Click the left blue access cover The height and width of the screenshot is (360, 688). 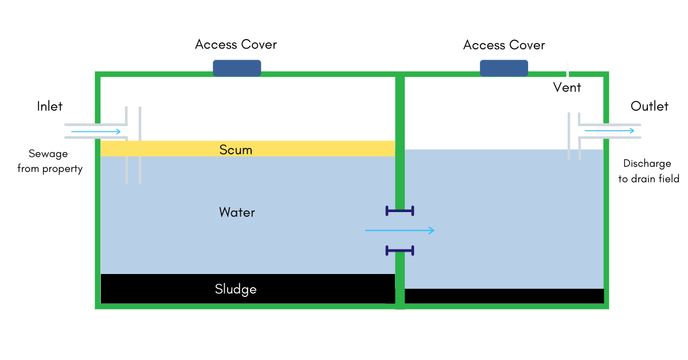pos(237,68)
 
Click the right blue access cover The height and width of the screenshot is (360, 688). pos(503,68)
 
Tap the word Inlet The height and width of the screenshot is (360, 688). pos(50,106)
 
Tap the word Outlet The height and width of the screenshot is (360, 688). pos(650,106)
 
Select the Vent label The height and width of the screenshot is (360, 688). pos(567,88)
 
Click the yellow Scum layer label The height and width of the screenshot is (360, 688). pos(236,150)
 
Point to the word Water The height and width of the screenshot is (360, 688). pos(237,213)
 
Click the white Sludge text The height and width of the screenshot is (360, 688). pos(236,289)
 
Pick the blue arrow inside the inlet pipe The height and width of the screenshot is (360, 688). pos(96,132)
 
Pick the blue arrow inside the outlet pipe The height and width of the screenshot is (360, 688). pos(609,131)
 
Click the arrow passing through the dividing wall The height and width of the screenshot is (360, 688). pos(400,230)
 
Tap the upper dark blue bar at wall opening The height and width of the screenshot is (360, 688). pos(400,211)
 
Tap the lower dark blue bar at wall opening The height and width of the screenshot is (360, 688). pos(400,250)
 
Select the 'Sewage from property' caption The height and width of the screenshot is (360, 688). pos(50,161)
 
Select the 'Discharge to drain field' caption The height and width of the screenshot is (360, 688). pos(648,171)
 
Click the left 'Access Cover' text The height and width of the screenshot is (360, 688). pos(236,45)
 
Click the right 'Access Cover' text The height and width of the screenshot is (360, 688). pos(504,45)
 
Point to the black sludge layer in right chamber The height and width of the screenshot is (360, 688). pos(504,296)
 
